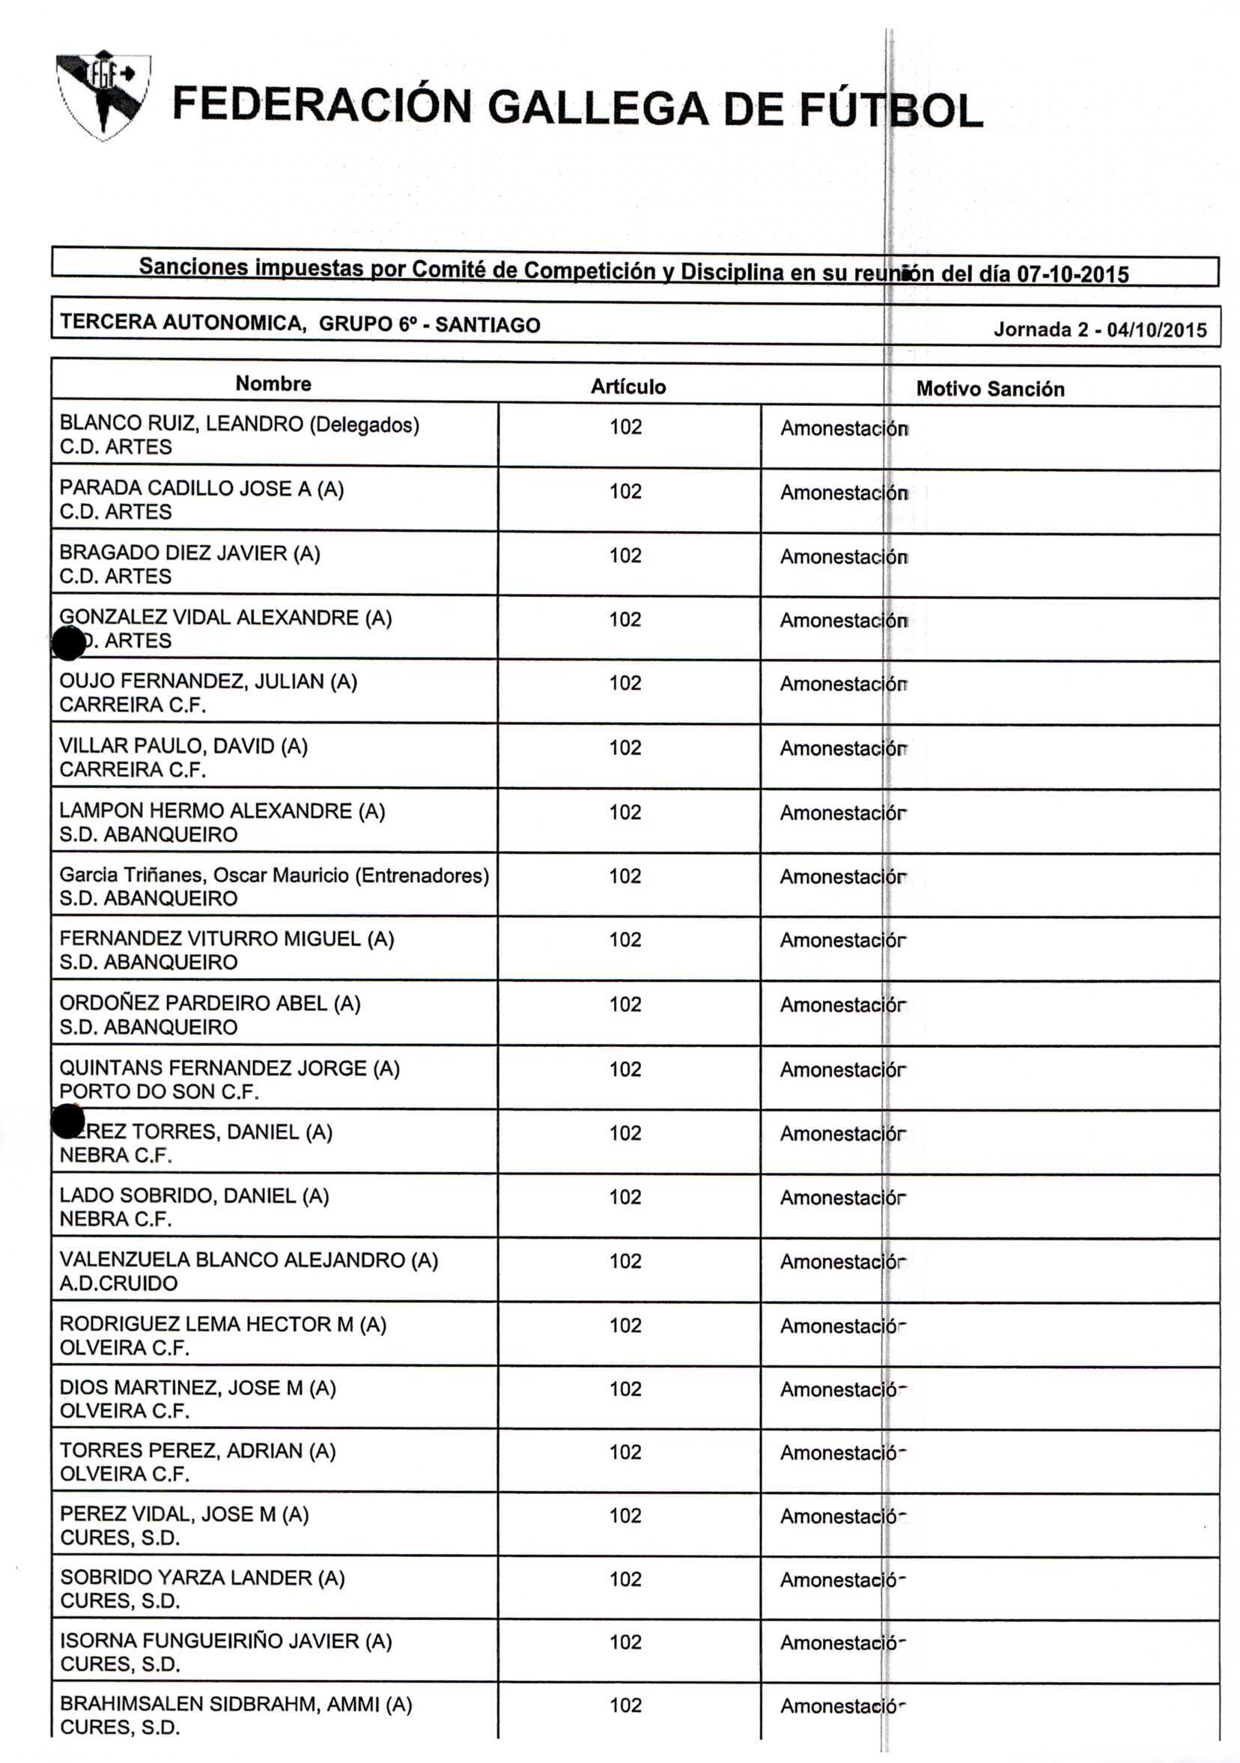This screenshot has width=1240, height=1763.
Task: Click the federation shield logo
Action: point(103,96)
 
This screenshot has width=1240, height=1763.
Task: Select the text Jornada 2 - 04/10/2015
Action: point(1099,330)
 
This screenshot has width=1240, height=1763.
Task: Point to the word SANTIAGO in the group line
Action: point(487,325)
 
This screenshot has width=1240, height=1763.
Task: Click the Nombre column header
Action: point(273,383)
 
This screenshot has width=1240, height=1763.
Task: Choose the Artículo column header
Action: point(627,386)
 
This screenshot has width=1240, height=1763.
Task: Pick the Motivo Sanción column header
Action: point(990,389)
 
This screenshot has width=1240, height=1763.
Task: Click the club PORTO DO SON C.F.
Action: point(159,1091)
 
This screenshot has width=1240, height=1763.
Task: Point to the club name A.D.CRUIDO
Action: point(118,1283)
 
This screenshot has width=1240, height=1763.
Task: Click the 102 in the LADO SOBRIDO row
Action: point(625,1196)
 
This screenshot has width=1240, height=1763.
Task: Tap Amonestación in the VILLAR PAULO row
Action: point(842,749)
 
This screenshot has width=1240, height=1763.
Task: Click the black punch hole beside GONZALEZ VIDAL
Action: point(68,643)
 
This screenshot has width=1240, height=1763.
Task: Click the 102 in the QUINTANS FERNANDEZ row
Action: point(625,1069)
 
